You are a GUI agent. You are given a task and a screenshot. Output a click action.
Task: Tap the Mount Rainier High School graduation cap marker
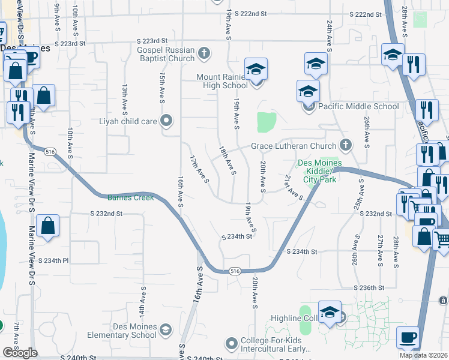click(256, 70)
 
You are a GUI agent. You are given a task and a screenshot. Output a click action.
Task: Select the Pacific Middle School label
click(358, 107)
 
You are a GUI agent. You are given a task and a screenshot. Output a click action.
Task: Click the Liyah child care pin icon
click(167, 121)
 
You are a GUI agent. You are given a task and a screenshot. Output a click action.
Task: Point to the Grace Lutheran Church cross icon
click(345, 145)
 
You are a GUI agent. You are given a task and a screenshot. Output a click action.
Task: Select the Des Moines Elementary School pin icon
click(165, 330)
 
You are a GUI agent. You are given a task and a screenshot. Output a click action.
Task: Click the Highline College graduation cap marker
click(329, 313)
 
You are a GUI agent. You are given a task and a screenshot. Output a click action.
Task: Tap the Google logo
click(19, 353)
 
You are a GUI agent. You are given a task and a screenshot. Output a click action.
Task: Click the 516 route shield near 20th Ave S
click(234, 272)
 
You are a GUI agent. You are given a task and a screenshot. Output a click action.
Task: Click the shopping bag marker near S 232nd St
click(47, 226)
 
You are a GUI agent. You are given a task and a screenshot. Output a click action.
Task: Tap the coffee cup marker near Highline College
click(408, 337)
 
